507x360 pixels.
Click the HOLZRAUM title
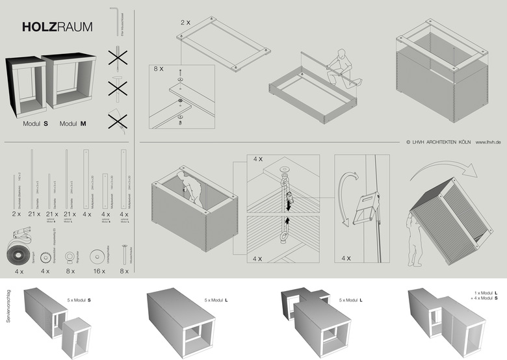pyautogui.click(x=57, y=27)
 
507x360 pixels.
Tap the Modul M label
pyautogui.click(x=73, y=123)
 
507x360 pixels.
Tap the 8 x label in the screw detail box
pyautogui.click(x=159, y=68)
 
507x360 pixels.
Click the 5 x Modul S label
pyautogui.click(x=79, y=300)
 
